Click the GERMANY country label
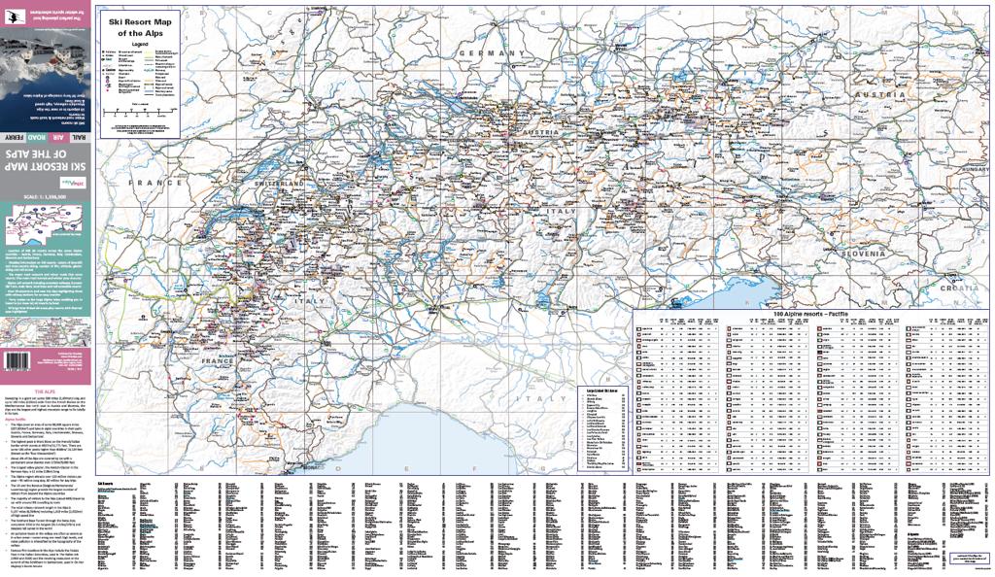tap(492, 52)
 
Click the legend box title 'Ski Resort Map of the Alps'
tap(141, 26)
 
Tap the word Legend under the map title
tap(141, 45)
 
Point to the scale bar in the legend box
tap(138, 114)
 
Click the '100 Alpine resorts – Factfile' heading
tap(810, 315)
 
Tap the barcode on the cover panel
tap(16, 359)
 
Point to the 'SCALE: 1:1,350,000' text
tap(46, 195)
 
